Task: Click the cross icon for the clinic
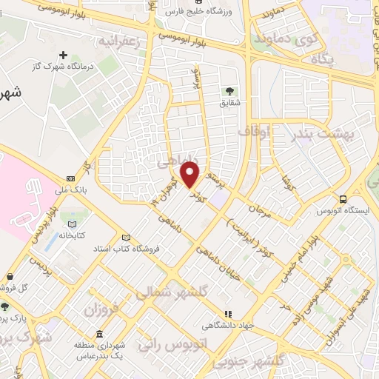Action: (64, 55)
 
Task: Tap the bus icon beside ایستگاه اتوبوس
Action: (343, 199)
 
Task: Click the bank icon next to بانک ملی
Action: (70, 178)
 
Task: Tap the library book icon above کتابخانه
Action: (72, 224)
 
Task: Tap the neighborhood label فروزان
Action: (101, 309)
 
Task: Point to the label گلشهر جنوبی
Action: (244, 360)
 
